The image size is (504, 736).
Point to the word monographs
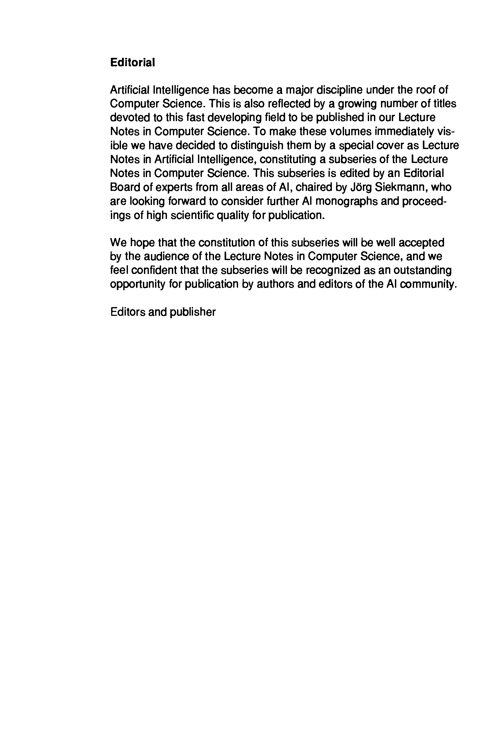pos(346,201)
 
